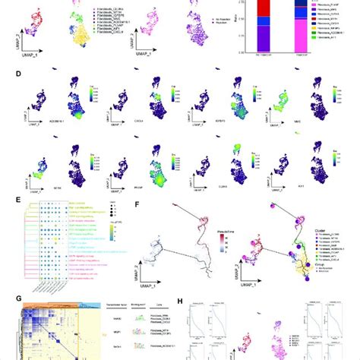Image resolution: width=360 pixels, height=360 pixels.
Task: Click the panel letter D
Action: [5, 74]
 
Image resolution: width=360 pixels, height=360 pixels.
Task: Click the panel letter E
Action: [5, 200]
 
